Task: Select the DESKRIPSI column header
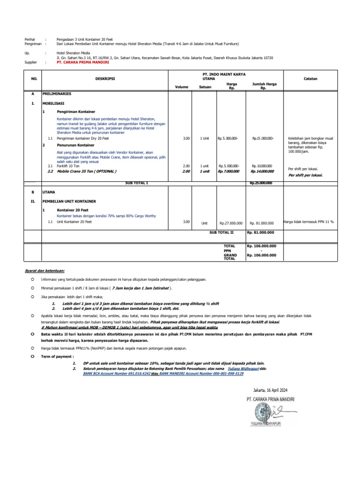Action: [x=107, y=79]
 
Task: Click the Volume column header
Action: [x=181, y=87]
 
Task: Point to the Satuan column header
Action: [x=205, y=87]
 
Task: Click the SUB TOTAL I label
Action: [x=136, y=182]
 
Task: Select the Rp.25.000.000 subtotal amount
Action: [x=262, y=183]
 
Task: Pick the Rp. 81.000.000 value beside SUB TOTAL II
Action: [x=262, y=232]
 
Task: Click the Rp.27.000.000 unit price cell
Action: [x=231, y=224]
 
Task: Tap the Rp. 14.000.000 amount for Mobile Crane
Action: [x=262, y=172]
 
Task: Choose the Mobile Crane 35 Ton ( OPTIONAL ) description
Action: [x=87, y=172]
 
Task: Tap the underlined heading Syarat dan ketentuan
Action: [x=45, y=271]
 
